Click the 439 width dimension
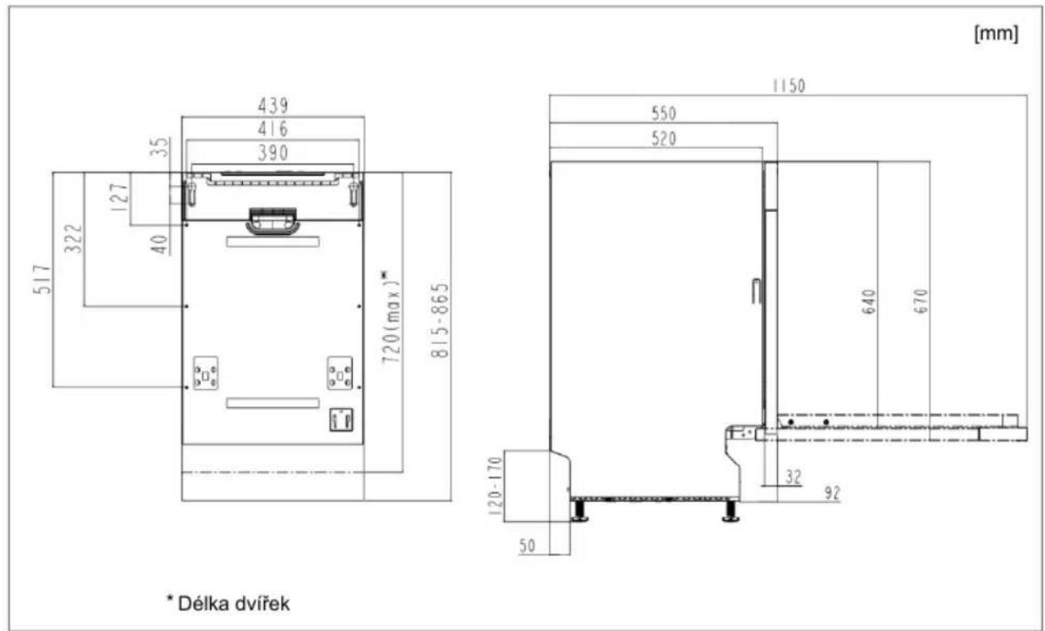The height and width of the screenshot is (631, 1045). point(274,105)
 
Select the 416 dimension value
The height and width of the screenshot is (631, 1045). point(274,129)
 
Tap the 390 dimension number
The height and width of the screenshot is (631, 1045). point(274,153)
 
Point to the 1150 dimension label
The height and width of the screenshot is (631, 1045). point(789,86)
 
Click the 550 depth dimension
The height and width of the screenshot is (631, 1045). point(664,113)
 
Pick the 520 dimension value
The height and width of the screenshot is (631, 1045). point(664,138)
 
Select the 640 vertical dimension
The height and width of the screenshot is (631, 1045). point(869,302)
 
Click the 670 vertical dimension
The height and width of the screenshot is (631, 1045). point(922,301)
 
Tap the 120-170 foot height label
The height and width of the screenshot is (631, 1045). point(495,486)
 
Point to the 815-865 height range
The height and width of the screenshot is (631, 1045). point(440,320)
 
